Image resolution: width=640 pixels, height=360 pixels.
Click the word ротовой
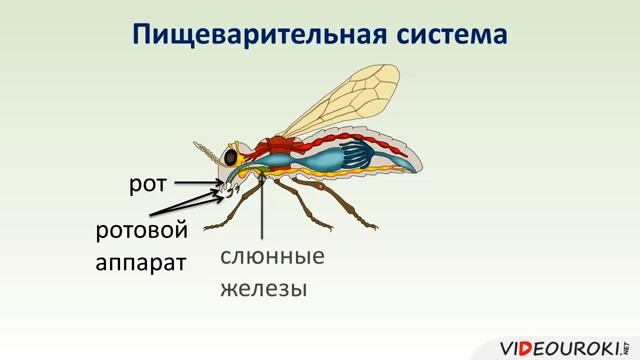(x=141, y=230)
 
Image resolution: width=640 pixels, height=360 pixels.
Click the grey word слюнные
(x=272, y=256)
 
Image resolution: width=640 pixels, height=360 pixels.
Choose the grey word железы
(x=262, y=290)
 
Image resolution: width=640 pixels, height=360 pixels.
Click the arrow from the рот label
(x=195, y=183)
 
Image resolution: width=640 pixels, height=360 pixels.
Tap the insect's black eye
(x=231, y=158)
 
